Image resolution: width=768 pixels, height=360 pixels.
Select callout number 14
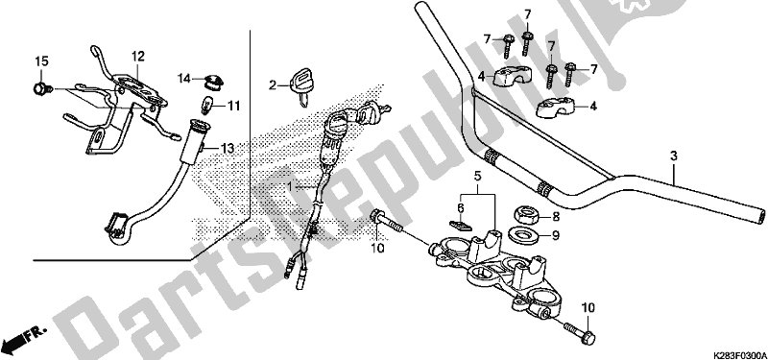point(182,77)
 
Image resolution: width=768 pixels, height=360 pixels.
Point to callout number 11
point(233,105)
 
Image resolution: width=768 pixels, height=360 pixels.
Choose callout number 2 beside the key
point(273,84)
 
